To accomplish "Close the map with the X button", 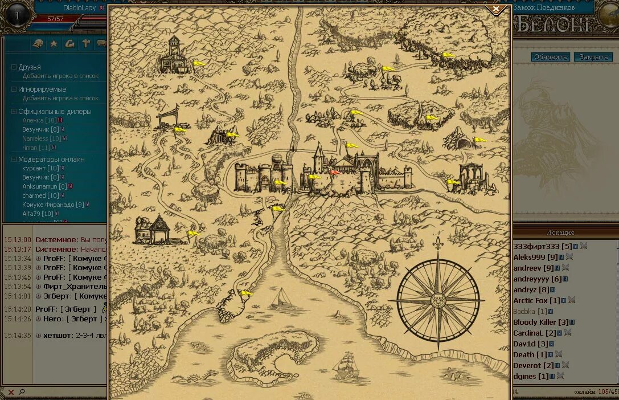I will pyautogui.click(x=496, y=9).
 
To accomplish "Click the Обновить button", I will pyautogui.click(x=550, y=57).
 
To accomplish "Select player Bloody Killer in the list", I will pyautogui.click(x=534, y=322).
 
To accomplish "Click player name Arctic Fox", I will pyautogui.click(x=530, y=300).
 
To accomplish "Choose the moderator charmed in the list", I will pyautogui.click(x=34, y=195).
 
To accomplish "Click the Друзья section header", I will pyautogui.click(x=30, y=67).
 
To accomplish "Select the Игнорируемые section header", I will pyautogui.click(x=42, y=89).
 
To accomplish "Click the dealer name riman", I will pyautogui.click(x=30, y=148).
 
